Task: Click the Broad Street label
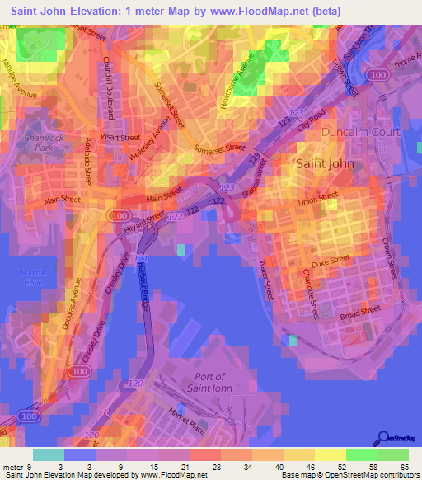(x=359, y=313)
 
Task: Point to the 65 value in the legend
(x=403, y=467)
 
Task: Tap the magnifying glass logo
(x=382, y=437)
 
